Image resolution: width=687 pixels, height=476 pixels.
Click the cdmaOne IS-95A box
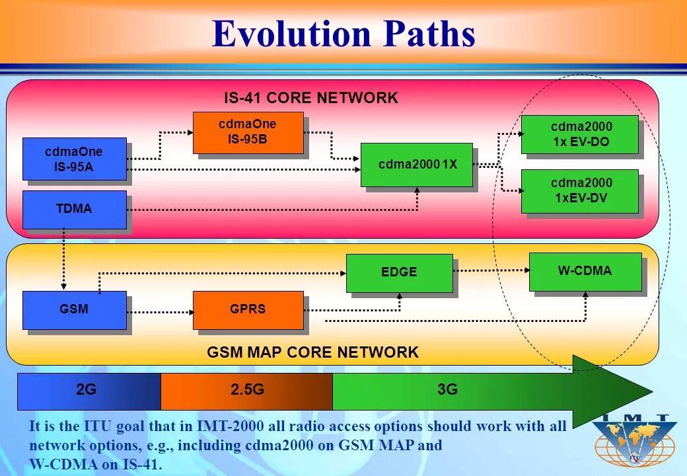click(74, 159)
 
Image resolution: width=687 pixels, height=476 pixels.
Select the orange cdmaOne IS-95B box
click(248, 132)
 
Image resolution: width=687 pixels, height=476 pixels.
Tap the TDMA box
click(74, 209)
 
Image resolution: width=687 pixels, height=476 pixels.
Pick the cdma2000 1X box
click(417, 165)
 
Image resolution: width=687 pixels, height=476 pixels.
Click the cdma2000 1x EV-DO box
click(580, 134)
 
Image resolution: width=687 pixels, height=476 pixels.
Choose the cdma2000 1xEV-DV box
click(580, 190)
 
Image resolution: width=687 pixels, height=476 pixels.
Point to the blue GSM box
click(74, 309)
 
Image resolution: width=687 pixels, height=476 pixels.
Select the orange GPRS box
click(248, 309)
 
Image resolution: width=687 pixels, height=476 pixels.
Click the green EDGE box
click(399, 272)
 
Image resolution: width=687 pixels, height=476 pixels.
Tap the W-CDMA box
click(585, 271)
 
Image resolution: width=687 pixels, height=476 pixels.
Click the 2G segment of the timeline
click(89, 390)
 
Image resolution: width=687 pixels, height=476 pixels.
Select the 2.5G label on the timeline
click(247, 390)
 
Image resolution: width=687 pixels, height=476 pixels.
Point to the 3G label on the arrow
click(447, 390)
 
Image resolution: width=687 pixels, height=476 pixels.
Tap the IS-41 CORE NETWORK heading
click(310, 99)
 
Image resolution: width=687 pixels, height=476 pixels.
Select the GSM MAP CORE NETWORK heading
click(312, 352)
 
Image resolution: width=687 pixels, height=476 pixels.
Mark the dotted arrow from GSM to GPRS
click(159, 311)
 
